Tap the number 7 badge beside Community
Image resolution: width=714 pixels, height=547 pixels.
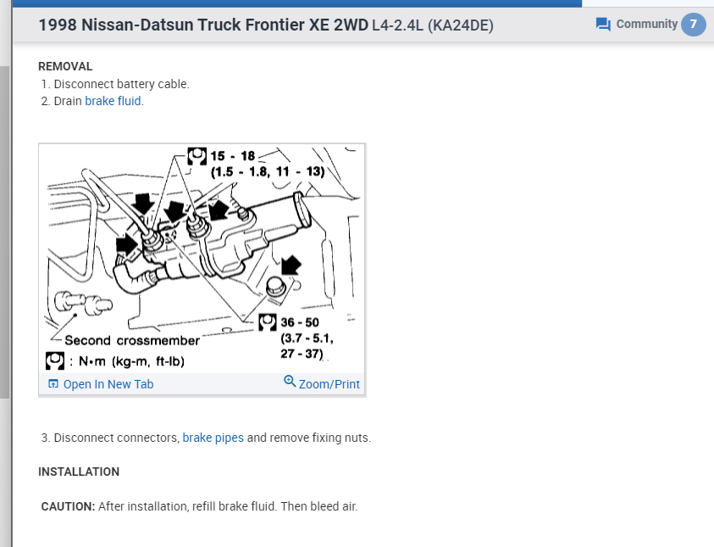point(693,24)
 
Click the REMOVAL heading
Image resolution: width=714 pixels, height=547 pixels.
point(65,66)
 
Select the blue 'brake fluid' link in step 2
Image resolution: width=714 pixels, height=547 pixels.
point(113,101)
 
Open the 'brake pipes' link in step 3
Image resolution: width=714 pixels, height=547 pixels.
point(213,438)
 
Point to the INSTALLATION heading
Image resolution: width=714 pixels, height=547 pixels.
point(79,472)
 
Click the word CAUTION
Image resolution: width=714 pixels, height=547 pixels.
point(68,506)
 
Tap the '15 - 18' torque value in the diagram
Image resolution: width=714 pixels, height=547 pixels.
point(233,156)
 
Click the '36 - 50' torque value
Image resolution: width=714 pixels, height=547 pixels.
point(300,323)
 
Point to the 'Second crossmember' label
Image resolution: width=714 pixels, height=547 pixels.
point(144,341)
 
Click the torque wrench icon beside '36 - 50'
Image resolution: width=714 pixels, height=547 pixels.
point(267,322)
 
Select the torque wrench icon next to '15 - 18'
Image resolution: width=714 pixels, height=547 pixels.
point(197,156)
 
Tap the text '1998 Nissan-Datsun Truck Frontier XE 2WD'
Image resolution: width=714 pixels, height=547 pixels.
point(203,25)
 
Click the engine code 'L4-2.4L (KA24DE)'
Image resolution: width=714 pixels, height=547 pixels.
point(432,26)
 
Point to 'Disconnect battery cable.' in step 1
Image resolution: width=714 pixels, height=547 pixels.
point(121,84)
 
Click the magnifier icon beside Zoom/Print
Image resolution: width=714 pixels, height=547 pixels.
point(290,382)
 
